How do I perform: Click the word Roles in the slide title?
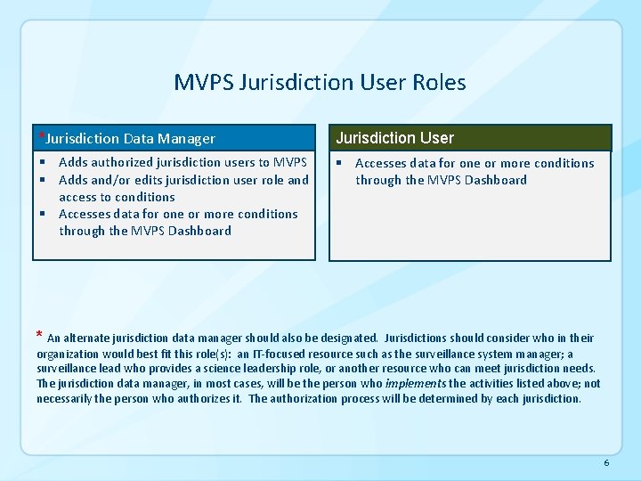click(439, 83)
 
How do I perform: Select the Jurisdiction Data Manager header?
click(130, 139)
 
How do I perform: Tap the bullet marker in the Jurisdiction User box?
click(339, 163)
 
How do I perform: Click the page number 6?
click(606, 463)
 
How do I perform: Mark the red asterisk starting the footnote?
click(39, 337)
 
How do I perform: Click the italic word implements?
click(416, 383)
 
